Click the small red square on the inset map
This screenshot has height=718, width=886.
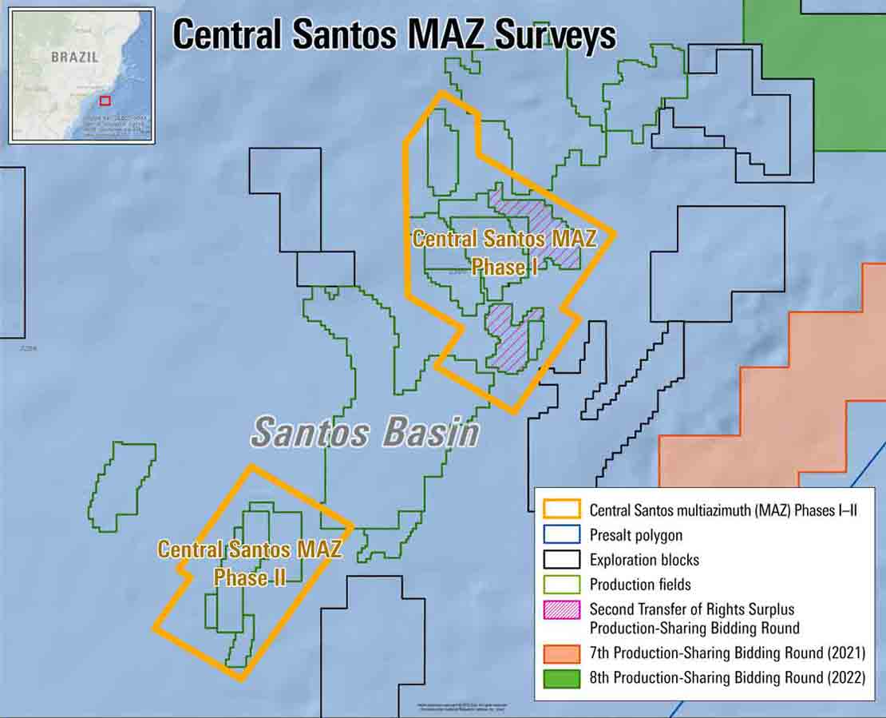tap(105, 101)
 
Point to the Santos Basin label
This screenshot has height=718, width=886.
tap(366, 433)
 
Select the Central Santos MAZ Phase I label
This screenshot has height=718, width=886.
tap(492, 252)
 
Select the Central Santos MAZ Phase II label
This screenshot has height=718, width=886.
tap(250, 563)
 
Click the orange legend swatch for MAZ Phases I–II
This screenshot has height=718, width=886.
tap(562, 510)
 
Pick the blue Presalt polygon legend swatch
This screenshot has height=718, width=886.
tap(562, 535)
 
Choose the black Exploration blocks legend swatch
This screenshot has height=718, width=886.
tap(562, 560)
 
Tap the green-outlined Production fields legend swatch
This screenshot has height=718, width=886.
tap(562, 585)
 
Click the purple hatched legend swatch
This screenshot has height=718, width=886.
tap(562, 609)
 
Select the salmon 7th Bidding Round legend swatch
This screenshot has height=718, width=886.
tap(562, 653)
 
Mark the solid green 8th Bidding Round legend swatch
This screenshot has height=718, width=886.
tap(562, 678)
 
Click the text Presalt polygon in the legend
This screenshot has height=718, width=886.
tap(636, 535)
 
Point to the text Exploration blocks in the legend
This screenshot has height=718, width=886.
tap(644, 560)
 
